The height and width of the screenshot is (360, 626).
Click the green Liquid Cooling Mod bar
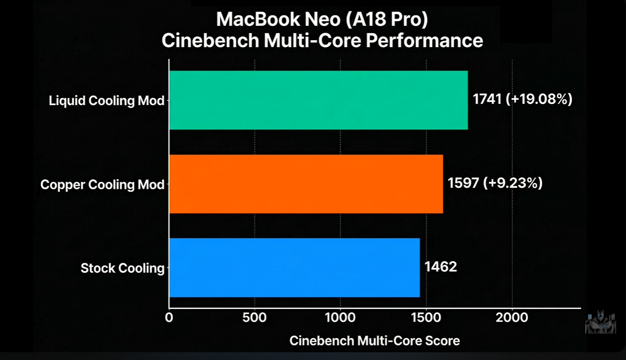click(318, 100)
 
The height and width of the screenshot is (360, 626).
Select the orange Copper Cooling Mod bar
click(306, 184)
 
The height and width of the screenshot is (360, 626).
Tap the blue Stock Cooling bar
click(294, 267)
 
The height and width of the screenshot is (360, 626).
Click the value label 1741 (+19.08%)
click(523, 99)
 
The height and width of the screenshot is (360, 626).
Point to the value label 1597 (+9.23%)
click(495, 183)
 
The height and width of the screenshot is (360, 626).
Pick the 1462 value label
click(441, 267)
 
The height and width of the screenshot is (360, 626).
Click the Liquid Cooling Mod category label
click(106, 100)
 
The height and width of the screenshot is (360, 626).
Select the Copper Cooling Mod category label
click(102, 184)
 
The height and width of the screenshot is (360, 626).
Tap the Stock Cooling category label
click(123, 268)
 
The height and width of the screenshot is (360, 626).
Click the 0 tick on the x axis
click(169, 317)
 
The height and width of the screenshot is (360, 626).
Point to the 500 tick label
click(254, 317)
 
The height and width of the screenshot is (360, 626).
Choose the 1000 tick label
click(340, 317)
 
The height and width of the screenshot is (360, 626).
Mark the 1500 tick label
click(426, 317)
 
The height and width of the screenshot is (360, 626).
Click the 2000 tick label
click(512, 317)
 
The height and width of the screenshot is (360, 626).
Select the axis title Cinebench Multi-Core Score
click(374, 341)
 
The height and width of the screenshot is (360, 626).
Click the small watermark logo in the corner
click(600, 322)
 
